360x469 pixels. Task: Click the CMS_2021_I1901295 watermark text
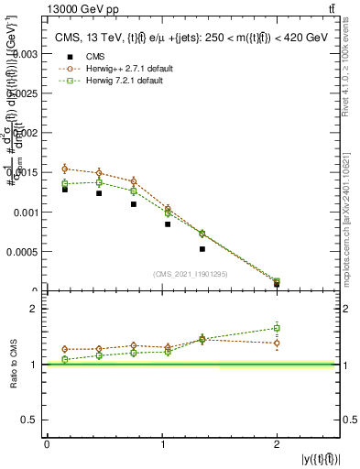coord(190,273)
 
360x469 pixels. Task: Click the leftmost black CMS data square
coord(65,190)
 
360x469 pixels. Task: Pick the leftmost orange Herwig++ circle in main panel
coord(65,169)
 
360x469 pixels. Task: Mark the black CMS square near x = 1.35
coord(202,248)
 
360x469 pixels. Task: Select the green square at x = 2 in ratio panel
coord(277,328)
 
